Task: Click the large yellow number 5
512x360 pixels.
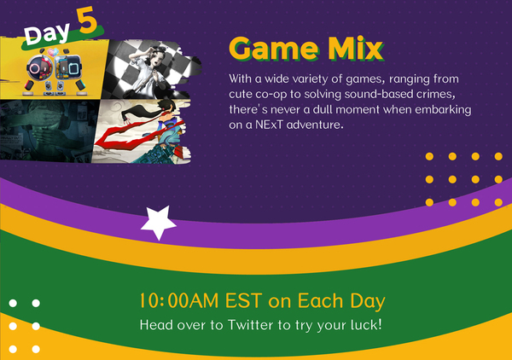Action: [87, 20]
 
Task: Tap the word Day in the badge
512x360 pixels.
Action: [47, 33]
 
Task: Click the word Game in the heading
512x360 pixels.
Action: [274, 49]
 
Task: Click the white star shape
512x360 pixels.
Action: [159, 223]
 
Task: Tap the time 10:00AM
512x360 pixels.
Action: [179, 300]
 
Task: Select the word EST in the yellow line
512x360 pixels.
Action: [243, 300]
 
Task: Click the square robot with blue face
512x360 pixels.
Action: [68, 68]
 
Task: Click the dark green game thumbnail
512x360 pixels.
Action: [47, 131]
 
